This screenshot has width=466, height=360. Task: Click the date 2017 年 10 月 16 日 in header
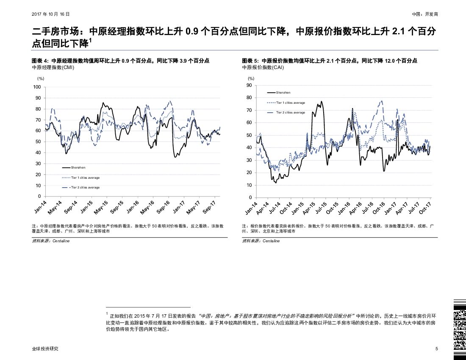tap(50, 14)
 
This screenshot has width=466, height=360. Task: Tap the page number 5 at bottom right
tap(436, 349)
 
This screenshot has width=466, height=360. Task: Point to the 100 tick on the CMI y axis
tap(37, 87)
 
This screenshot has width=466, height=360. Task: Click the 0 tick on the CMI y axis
tap(39, 197)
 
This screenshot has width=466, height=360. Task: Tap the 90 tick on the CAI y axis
tap(249, 86)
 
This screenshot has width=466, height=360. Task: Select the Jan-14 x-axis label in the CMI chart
tap(40, 207)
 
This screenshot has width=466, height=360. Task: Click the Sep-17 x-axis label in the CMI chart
tap(210, 207)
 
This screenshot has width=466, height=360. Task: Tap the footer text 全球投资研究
tap(45, 349)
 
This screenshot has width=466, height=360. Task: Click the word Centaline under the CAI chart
tap(271, 241)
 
